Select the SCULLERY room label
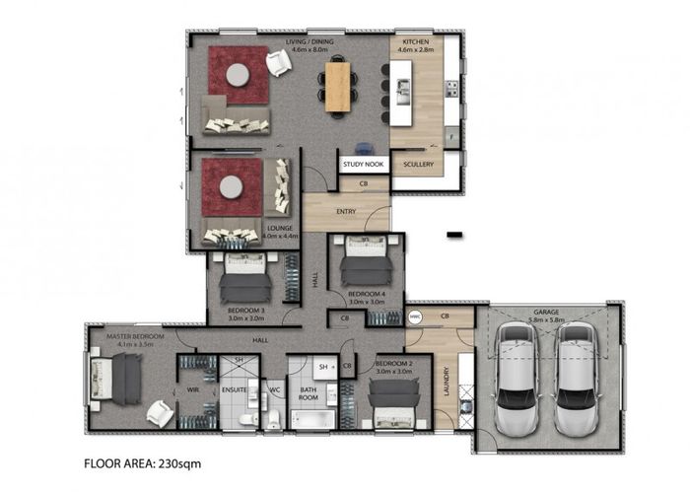click(x=418, y=166)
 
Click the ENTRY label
click(x=346, y=210)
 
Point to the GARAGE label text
click(x=546, y=310)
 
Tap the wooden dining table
click(x=338, y=85)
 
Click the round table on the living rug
click(x=238, y=75)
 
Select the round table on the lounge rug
click(x=231, y=187)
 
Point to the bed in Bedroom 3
click(x=244, y=278)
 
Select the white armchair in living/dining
click(x=279, y=63)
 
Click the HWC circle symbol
click(x=415, y=317)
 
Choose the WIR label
click(x=192, y=391)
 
